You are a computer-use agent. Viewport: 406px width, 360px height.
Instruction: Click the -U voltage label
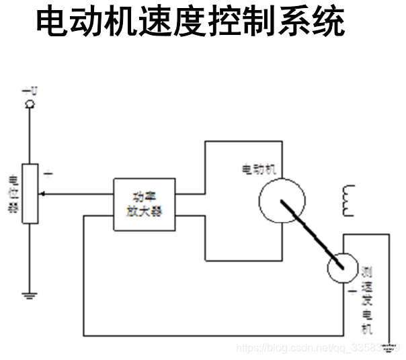(x=29, y=90)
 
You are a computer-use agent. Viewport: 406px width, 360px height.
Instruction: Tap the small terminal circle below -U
(x=29, y=103)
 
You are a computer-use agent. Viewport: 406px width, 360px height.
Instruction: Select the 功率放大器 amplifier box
(x=145, y=204)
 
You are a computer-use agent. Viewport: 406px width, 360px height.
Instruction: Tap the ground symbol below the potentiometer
(x=29, y=294)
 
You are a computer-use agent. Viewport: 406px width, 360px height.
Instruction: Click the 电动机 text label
(x=258, y=168)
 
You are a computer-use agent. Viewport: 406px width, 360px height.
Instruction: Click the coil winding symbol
(x=348, y=200)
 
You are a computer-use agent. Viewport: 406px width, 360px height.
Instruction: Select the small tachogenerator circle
(x=343, y=268)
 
